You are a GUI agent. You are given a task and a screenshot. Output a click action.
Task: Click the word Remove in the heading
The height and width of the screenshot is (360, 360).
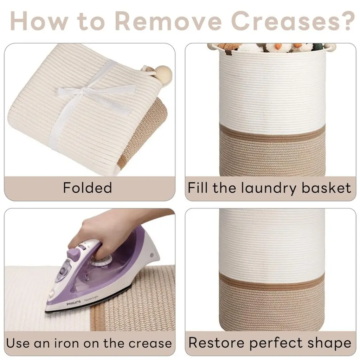point(170,21)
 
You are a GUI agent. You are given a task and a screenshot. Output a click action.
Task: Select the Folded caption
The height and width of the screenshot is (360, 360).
point(88,188)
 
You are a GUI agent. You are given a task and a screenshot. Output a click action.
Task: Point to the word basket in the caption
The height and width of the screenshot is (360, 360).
point(326,188)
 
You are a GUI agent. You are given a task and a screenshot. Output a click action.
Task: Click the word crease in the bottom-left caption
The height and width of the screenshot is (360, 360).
point(150,344)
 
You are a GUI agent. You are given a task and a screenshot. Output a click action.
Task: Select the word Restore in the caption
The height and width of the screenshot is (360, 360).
point(217,343)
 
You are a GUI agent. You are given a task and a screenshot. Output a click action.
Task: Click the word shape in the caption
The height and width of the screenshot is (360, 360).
point(329,343)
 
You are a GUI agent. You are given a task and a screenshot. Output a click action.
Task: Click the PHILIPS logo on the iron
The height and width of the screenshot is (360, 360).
point(73,303)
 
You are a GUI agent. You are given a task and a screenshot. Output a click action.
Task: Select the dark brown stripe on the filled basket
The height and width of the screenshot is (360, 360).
point(272,131)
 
